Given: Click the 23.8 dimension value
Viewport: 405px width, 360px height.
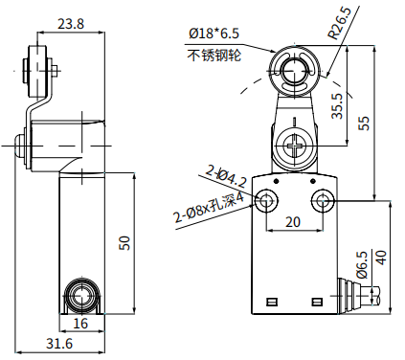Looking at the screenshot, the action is pyautogui.click(x=71, y=24).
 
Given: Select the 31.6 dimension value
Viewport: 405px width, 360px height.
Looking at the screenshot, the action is pyautogui.click(x=59, y=344).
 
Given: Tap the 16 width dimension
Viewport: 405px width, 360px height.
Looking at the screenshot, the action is pyautogui.click(x=80, y=324).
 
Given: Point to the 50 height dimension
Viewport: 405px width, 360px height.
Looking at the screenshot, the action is pyautogui.click(x=124, y=243).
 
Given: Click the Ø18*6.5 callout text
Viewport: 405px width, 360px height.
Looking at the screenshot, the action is pyautogui.click(x=214, y=34).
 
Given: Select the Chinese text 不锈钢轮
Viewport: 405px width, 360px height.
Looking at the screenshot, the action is pyautogui.click(x=214, y=55).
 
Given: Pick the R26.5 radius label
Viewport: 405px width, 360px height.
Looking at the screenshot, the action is pyautogui.click(x=340, y=23).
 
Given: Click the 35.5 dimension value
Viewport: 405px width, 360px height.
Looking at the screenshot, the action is pyautogui.click(x=337, y=106).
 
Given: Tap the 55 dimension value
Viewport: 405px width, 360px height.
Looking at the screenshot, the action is pyautogui.click(x=364, y=123).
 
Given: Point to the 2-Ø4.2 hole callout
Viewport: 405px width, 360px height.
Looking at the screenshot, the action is pyautogui.click(x=226, y=176).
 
